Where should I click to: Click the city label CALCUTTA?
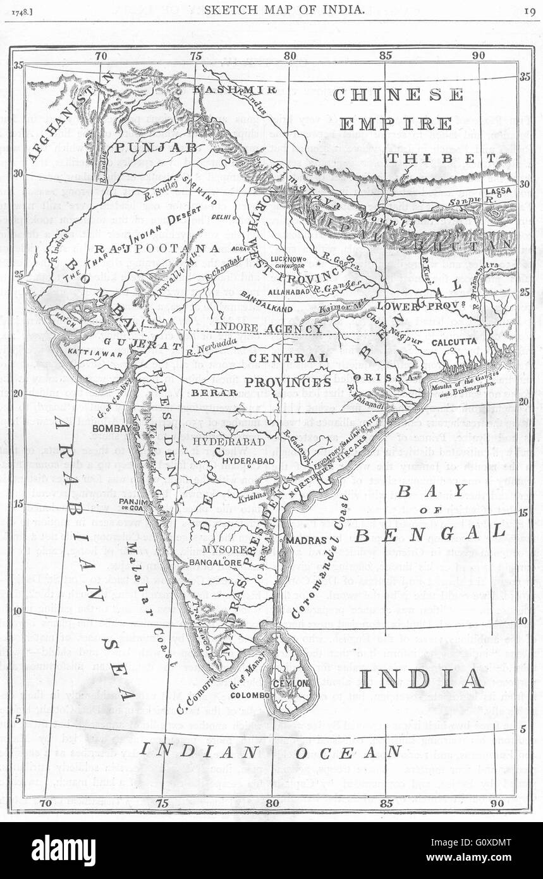coord(453,341)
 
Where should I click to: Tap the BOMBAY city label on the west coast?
coord(111,428)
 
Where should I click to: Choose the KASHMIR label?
coord(235,89)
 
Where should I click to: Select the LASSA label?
coord(498,190)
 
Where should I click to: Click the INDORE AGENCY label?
coord(269,329)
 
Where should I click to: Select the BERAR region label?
coord(205,393)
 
